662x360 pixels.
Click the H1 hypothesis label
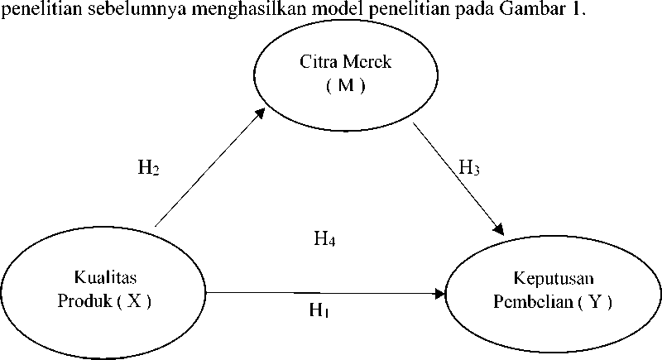(x=319, y=310)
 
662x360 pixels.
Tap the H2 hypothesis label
(x=149, y=168)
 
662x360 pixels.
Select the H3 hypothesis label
(x=469, y=167)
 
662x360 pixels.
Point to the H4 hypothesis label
(x=324, y=239)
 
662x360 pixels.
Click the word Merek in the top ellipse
(x=367, y=62)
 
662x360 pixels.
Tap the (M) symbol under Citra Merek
(x=346, y=86)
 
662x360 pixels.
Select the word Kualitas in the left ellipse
(x=106, y=277)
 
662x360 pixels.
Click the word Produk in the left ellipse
(x=85, y=301)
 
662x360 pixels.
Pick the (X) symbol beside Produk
(x=134, y=301)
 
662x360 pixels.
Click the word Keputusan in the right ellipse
(x=554, y=279)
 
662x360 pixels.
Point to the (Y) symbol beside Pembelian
(x=595, y=302)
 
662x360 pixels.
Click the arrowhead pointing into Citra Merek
(x=260, y=113)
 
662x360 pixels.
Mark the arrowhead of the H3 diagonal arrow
(x=499, y=229)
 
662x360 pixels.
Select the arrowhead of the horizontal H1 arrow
(x=440, y=293)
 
